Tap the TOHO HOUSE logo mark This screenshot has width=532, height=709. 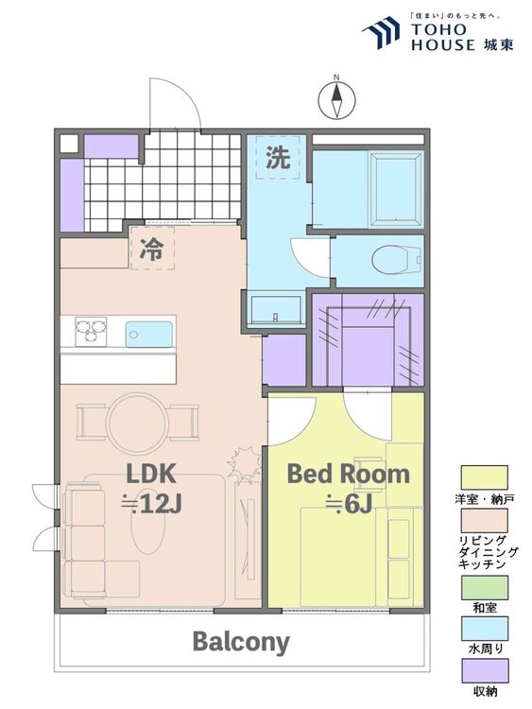tap(381, 32)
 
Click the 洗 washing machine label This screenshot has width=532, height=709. tap(278, 158)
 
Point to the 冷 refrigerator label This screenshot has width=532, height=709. tap(151, 249)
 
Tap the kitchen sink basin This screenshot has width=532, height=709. tap(148, 334)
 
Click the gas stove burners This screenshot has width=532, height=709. tap(91, 331)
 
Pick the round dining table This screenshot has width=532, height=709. tap(137, 423)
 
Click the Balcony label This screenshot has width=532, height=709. tap(241, 642)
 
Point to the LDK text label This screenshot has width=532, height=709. tap(150, 474)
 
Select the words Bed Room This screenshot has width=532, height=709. tap(348, 474)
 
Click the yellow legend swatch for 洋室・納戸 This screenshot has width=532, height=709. tap(484, 478)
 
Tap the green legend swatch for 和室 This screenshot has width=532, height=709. tap(484, 587)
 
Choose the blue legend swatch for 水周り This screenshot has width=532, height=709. tap(484, 629)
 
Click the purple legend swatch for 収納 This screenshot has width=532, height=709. tap(484, 670)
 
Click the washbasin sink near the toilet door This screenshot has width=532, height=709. tap(276, 310)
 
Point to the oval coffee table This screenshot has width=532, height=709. tap(148, 521)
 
